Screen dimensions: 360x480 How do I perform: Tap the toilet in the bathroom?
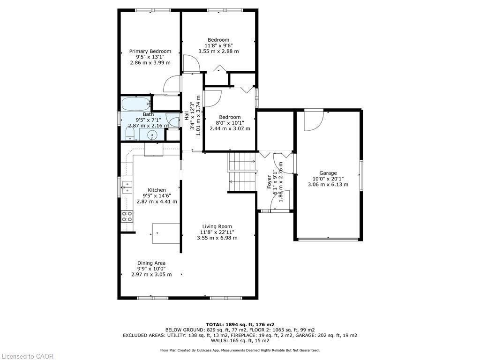point(129,135)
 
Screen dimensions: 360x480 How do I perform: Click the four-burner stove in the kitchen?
point(127,216)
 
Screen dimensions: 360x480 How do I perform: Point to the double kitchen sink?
point(127,187)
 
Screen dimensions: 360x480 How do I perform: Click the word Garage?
point(328,173)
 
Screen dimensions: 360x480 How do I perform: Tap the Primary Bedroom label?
point(150,51)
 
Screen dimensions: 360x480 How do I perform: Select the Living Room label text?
point(217,226)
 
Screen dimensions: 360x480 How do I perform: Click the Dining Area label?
point(151,263)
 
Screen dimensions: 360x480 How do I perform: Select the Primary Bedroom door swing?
point(172,84)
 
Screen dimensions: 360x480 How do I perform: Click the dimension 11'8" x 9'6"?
point(218,45)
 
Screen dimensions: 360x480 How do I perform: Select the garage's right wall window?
point(361,175)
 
